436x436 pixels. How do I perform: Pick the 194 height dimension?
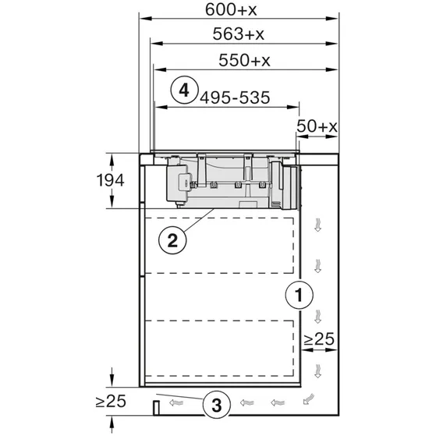tap(112, 181)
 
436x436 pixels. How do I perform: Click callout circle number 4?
tap(183, 90)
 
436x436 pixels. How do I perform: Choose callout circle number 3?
tap(217, 404)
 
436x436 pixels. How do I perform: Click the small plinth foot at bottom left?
tap(156, 406)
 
